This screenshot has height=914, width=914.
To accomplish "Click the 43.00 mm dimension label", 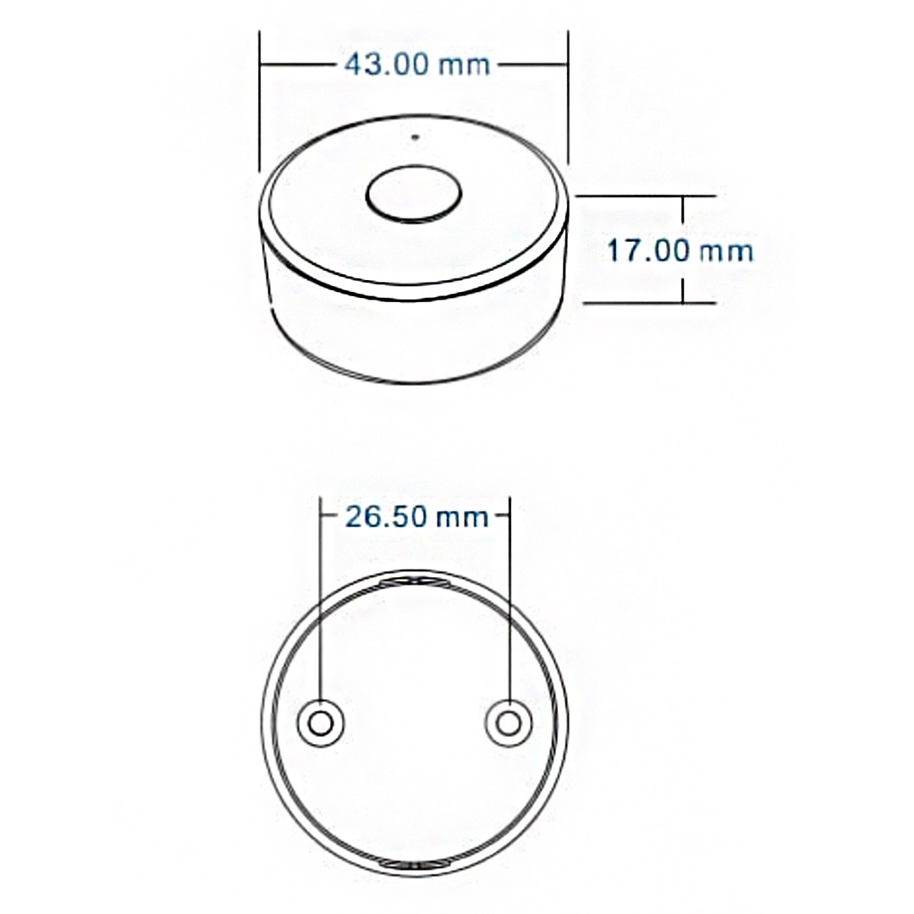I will point(417,64).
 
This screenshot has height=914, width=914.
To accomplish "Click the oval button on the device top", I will point(415,195).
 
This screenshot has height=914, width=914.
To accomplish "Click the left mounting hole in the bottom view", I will point(321,724).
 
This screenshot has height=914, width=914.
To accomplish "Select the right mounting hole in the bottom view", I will point(509,724).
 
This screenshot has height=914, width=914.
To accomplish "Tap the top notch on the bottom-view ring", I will point(415,582).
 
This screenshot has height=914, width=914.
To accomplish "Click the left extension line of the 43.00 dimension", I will point(260,102).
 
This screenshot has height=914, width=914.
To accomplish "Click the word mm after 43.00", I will point(464,64).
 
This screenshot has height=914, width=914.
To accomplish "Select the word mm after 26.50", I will point(462,516).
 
